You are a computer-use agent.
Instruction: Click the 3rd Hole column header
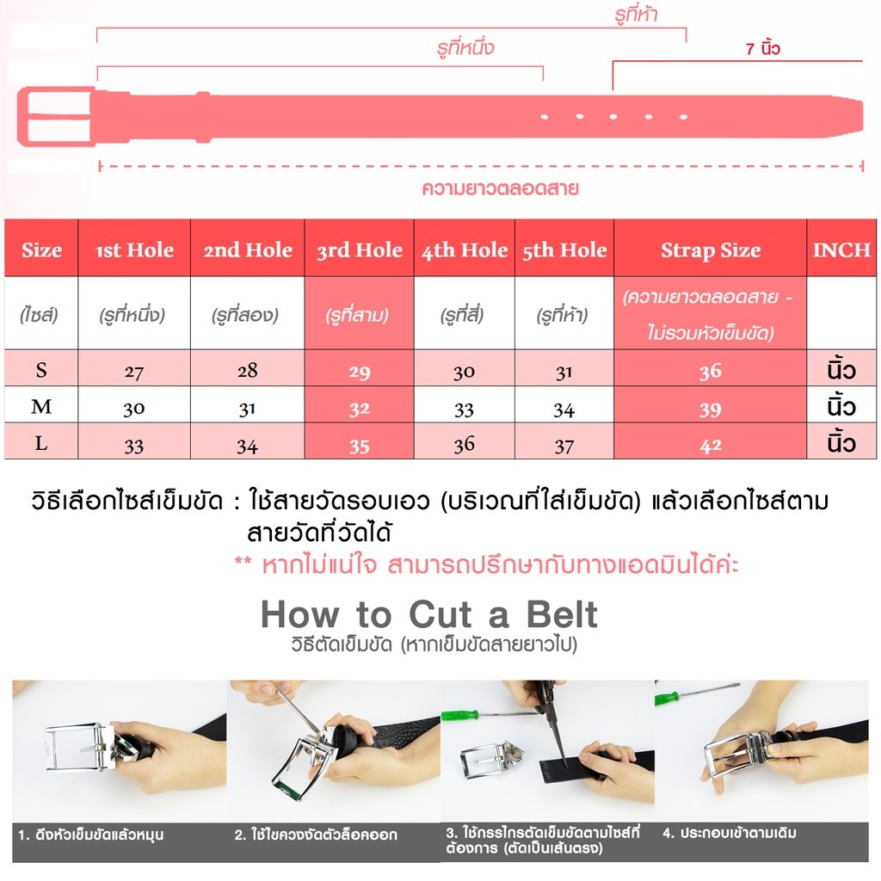coord(360,250)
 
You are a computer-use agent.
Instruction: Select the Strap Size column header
coord(711,250)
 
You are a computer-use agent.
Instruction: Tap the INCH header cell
coord(841,250)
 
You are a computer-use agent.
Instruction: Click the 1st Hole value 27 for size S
coord(133,372)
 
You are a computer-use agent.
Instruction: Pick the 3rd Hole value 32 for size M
coord(359,409)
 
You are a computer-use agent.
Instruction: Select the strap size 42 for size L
coord(710,446)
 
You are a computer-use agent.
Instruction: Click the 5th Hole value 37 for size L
coord(564,447)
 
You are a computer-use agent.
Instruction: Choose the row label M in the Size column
coord(41,406)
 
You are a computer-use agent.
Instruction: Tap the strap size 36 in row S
coord(710,371)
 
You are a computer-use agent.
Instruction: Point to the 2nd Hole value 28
coord(247,370)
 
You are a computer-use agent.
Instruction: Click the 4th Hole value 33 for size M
coord(464,410)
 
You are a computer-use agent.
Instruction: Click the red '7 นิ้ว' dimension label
coord(763,48)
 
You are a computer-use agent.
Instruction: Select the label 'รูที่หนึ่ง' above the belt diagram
coord(465,48)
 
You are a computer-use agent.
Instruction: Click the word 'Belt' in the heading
coord(561,614)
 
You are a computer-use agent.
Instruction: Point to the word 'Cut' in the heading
coord(440,614)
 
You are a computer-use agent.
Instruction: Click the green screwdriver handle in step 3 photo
coord(459,715)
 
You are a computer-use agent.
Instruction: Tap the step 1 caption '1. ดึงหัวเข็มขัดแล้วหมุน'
coord(90,835)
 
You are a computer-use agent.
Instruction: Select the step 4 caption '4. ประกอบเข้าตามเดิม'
coord(730,833)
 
